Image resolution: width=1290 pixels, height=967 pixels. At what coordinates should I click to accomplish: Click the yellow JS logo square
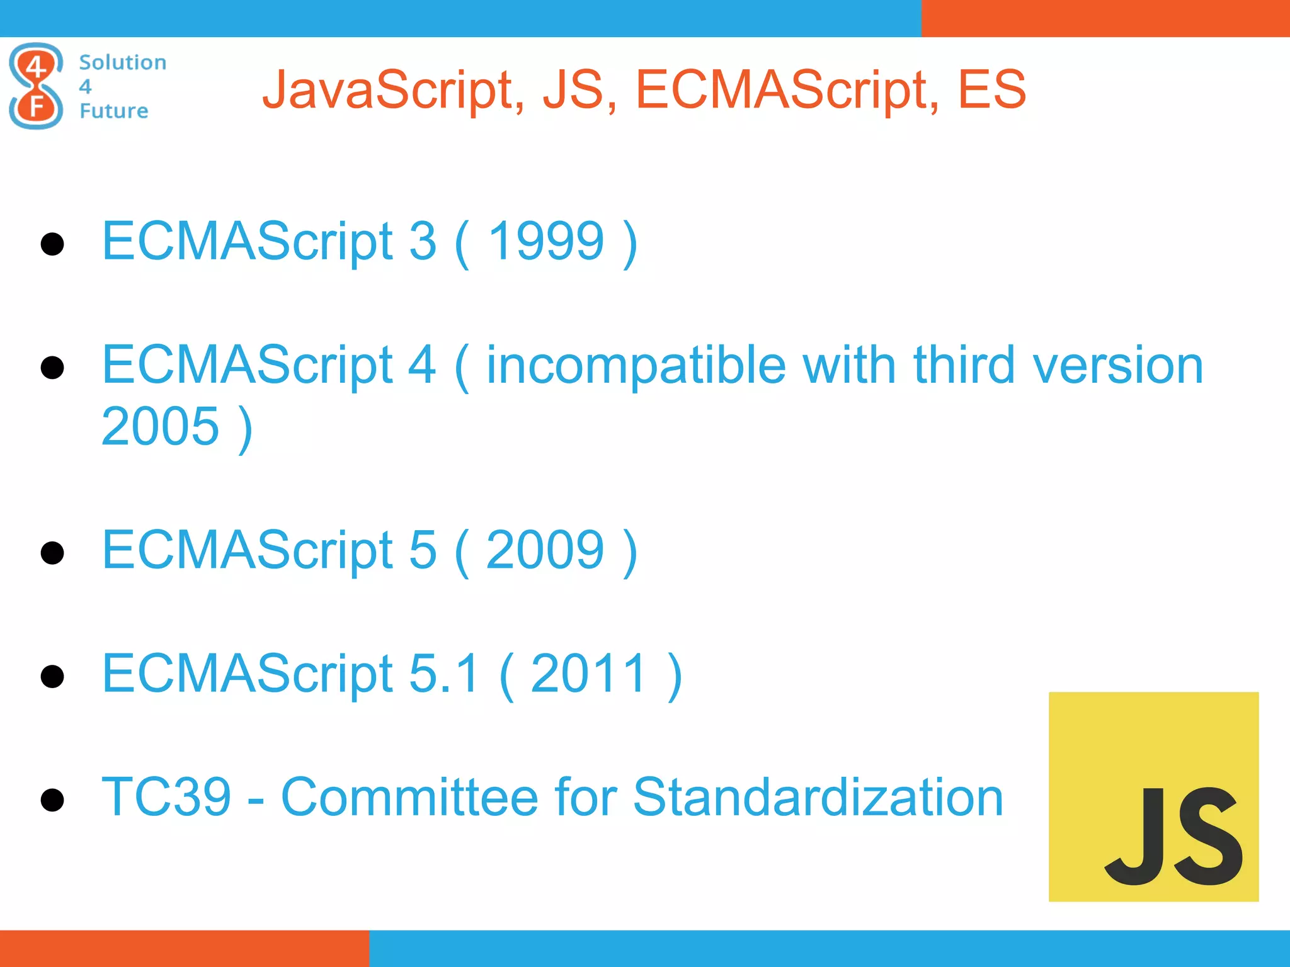[1153, 796]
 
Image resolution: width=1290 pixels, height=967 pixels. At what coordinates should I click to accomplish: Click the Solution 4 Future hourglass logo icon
[36, 86]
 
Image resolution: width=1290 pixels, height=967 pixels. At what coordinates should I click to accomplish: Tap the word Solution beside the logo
[123, 62]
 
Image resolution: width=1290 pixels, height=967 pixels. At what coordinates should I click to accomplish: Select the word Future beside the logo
[114, 111]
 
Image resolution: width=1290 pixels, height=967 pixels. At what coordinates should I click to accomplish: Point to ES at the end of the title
[991, 89]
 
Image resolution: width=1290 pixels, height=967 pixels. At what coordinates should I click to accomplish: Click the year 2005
[160, 426]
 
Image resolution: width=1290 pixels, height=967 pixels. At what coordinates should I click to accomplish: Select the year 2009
[545, 550]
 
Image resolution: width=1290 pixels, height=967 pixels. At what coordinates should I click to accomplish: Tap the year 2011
[589, 673]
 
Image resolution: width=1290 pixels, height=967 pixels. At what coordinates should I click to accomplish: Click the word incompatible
[636, 365]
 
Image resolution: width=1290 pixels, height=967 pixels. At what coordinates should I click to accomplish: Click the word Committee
[409, 797]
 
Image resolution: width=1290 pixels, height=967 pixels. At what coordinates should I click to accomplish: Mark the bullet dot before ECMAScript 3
[52, 244]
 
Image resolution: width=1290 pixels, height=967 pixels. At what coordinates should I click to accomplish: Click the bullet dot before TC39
[52, 800]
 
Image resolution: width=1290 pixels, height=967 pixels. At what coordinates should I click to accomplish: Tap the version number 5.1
[443, 673]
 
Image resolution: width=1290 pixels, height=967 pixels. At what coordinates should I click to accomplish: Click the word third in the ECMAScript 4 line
[964, 365]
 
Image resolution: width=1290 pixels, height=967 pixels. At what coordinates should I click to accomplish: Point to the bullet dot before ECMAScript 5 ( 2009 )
[52, 553]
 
